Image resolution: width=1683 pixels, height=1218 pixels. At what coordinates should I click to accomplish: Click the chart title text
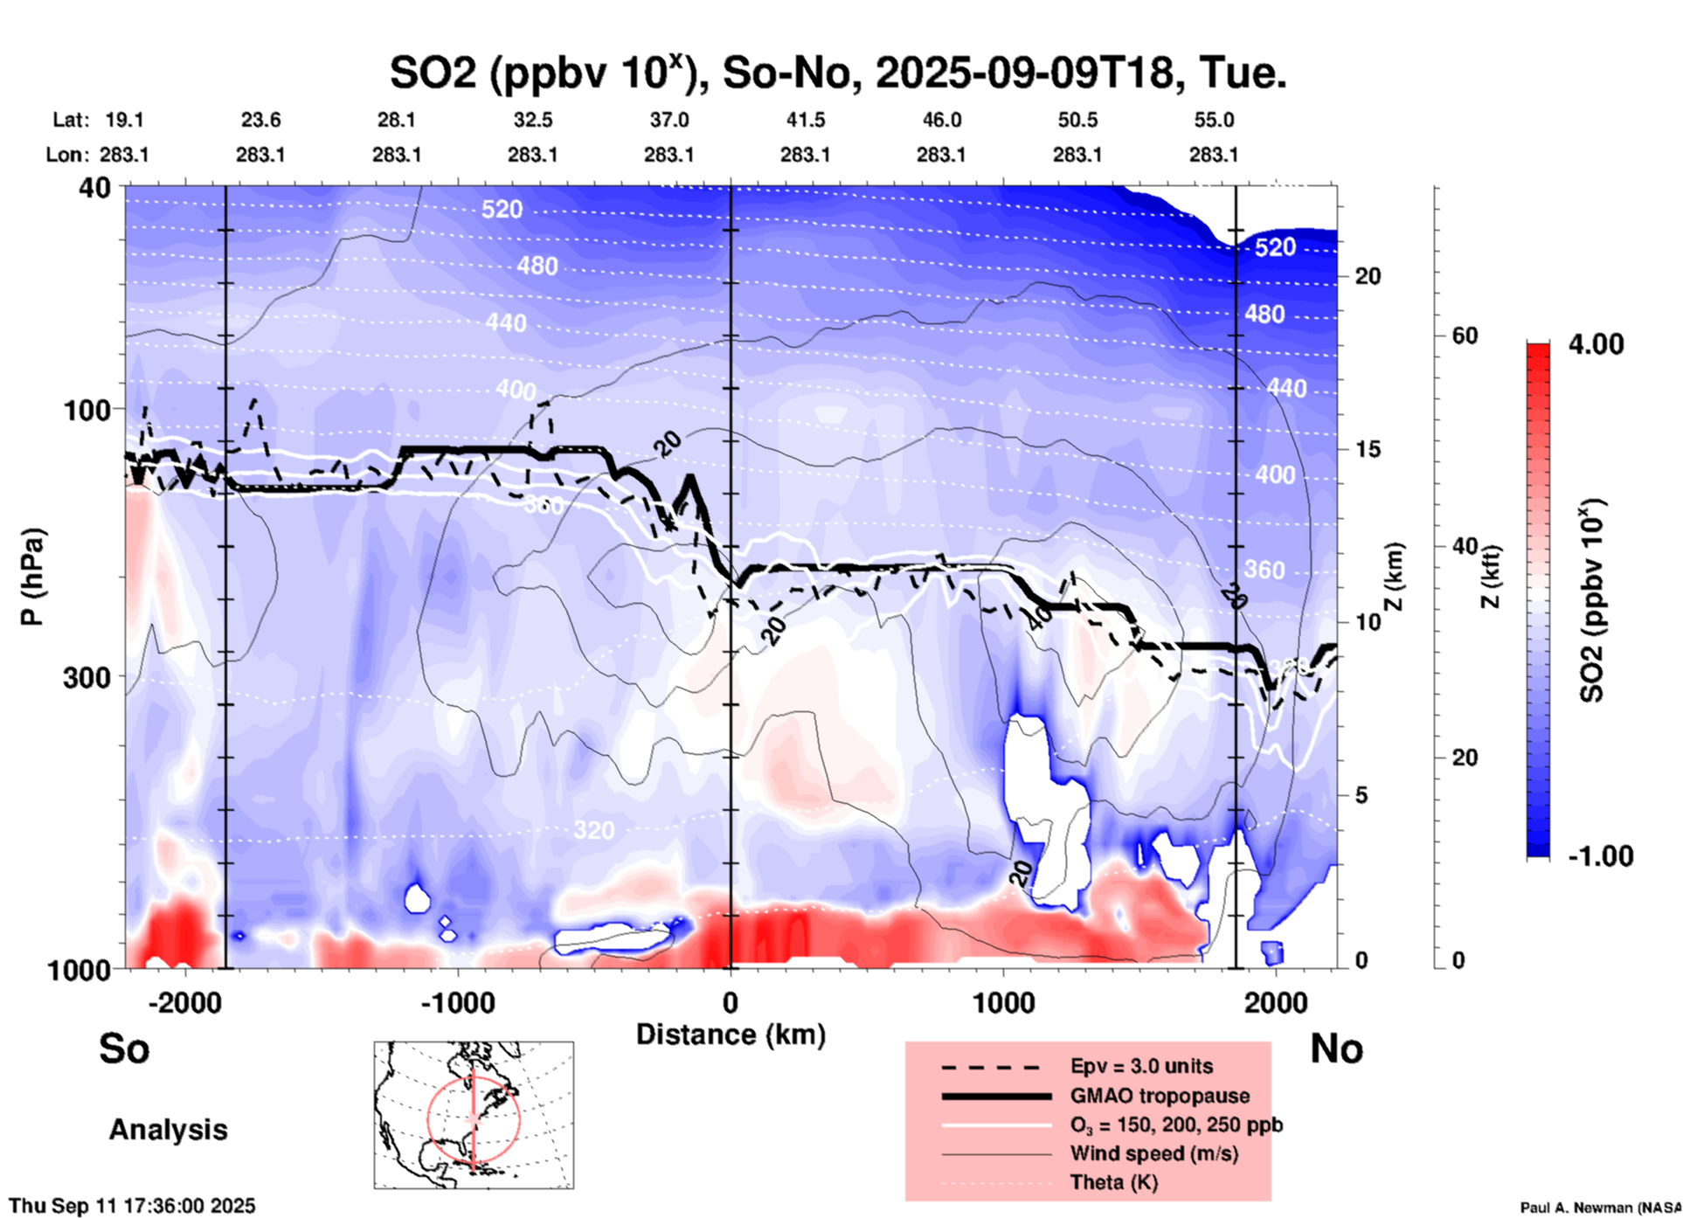[x=837, y=73]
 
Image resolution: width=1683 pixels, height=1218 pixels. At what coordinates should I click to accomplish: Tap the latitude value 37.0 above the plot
[x=668, y=121]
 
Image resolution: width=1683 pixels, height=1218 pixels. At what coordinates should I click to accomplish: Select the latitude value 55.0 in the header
[x=1214, y=121]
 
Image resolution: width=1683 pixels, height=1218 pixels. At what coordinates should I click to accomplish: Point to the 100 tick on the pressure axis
[x=87, y=410]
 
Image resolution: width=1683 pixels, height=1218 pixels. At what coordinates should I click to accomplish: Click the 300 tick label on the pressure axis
[x=87, y=677]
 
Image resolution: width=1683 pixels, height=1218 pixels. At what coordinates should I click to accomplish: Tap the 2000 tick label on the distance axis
[x=1276, y=1003]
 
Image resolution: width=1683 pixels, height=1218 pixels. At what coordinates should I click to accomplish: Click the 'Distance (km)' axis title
[x=731, y=1035]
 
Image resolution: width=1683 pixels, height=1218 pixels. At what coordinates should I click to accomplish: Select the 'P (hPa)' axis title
[x=32, y=577]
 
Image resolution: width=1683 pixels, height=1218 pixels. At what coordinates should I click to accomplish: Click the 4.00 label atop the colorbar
[x=1596, y=344]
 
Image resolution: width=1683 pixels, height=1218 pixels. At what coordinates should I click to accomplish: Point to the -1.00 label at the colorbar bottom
[x=1600, y=856]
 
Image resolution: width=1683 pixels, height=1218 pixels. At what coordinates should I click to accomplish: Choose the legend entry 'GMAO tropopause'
[x=1160, y=1096]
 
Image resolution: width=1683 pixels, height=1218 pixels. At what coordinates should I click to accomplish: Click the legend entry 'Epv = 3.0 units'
[x=1141, y=1066]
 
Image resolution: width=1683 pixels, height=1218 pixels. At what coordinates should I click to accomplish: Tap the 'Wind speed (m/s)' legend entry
[x=1153, y=1153]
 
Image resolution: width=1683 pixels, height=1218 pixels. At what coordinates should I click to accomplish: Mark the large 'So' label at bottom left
[x=124, y=1048]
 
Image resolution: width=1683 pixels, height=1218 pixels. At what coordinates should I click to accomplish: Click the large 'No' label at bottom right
[x=1336, y=1048]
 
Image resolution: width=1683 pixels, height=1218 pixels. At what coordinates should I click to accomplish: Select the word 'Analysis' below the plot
[x=168, y=1130]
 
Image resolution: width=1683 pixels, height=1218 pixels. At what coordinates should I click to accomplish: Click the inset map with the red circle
[x=474, y=1115]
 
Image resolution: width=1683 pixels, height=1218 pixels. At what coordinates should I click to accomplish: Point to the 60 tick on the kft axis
[x=1465, y=336]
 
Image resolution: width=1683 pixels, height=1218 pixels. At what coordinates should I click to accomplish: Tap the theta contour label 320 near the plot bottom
[x=594, y=830]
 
